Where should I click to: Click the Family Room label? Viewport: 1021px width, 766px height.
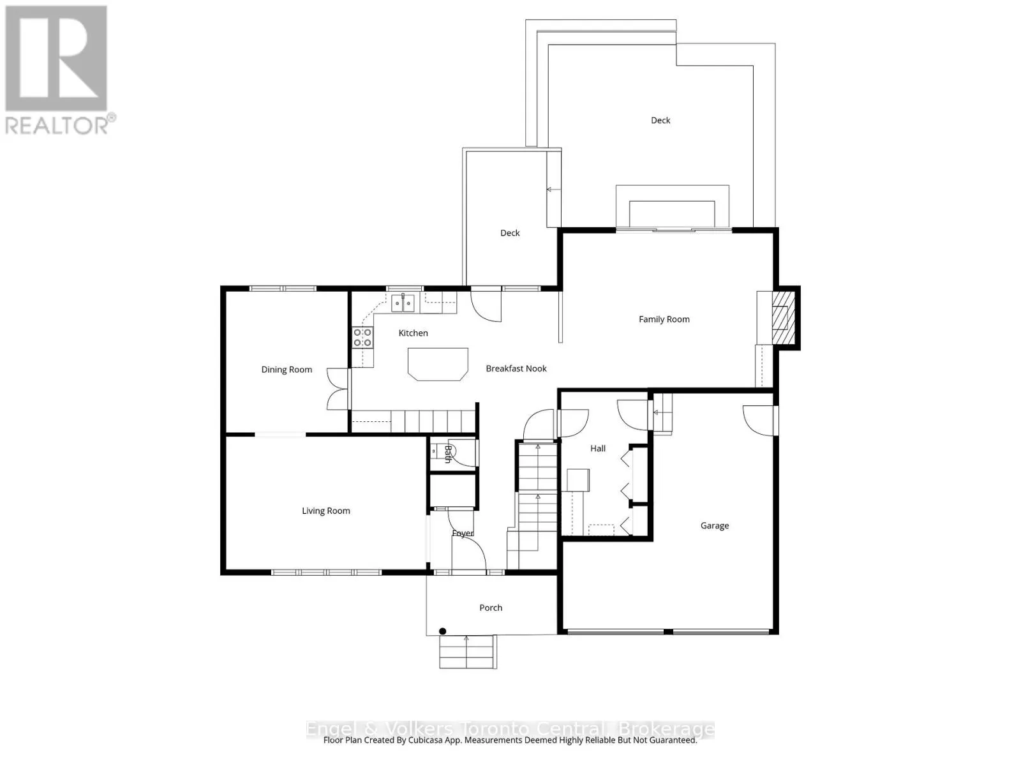coord(664,319)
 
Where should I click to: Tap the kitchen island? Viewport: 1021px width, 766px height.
coord(438,364)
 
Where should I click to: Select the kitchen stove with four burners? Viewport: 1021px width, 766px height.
coord(362,338)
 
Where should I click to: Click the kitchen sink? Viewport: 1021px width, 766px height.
coord(403,303)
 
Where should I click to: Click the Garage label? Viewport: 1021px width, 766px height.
coord(714,526)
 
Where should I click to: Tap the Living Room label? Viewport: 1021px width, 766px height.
coord(325,511)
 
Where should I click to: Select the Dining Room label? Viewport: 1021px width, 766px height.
coord(287,370)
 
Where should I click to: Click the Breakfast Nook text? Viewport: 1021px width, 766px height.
coord(516,368)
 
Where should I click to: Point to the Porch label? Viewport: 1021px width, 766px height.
coord(491,608)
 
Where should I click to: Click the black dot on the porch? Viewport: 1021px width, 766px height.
coord(442,631)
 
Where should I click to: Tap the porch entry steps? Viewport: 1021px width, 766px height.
coord(467,652)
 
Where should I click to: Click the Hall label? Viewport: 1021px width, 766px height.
coord(598,449)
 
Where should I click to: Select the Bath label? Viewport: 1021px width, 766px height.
coord(448,454)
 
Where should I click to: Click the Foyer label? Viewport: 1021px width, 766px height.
coord(463,533)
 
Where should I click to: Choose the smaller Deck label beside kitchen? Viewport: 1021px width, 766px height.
coord(510,233)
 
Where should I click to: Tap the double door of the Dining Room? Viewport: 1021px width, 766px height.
coord(338,389)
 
